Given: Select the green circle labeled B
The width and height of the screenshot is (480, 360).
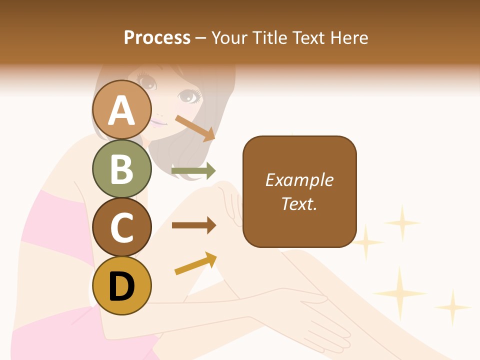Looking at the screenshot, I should click(122, 168).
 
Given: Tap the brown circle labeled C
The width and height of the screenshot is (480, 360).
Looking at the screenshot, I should click(122, 227).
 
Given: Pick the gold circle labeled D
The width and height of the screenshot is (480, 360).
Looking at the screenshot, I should click(122, 285).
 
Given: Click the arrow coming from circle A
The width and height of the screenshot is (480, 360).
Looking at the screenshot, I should click(195, 128).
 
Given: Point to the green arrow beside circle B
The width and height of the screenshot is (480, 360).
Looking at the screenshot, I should click(193, 171).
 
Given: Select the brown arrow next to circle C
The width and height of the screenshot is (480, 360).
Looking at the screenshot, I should click(193, 225).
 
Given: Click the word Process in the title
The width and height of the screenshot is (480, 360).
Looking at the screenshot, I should click(157, 37).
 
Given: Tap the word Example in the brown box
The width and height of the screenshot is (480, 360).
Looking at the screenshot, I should click(299, 180).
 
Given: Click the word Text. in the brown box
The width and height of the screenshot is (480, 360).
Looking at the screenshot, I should click(299, 204).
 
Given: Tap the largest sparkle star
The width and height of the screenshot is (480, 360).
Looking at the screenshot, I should click(399, 292).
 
